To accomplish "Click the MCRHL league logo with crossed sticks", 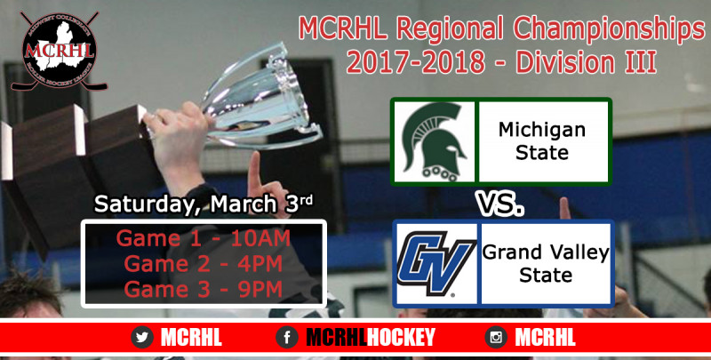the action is click(x=59, y=51).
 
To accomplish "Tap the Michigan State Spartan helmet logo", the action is click(x=434, y=141).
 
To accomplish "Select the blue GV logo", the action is click(x=436, y=264).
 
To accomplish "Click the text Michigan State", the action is click(x=542, y=141).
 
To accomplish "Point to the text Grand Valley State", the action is click(x=546, y=263).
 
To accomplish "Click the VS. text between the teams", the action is click(x=499, y=204).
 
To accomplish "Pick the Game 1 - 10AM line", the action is click(x=204, y=238).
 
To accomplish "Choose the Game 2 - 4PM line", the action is click(x=204, y=264).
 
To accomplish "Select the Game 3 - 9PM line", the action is click(x=204, y=290).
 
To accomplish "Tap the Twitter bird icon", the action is click(x=142, y=337).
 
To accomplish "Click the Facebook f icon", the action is click(x=287, y=337).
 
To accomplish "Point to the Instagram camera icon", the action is click(x=496, y=337).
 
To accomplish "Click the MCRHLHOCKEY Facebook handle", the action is click(x=371, y=337).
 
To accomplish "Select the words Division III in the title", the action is click(x=586, y=62).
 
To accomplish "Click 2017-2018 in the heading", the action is click(x=415, y=62).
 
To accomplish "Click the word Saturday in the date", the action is click(x=148, y=204).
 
